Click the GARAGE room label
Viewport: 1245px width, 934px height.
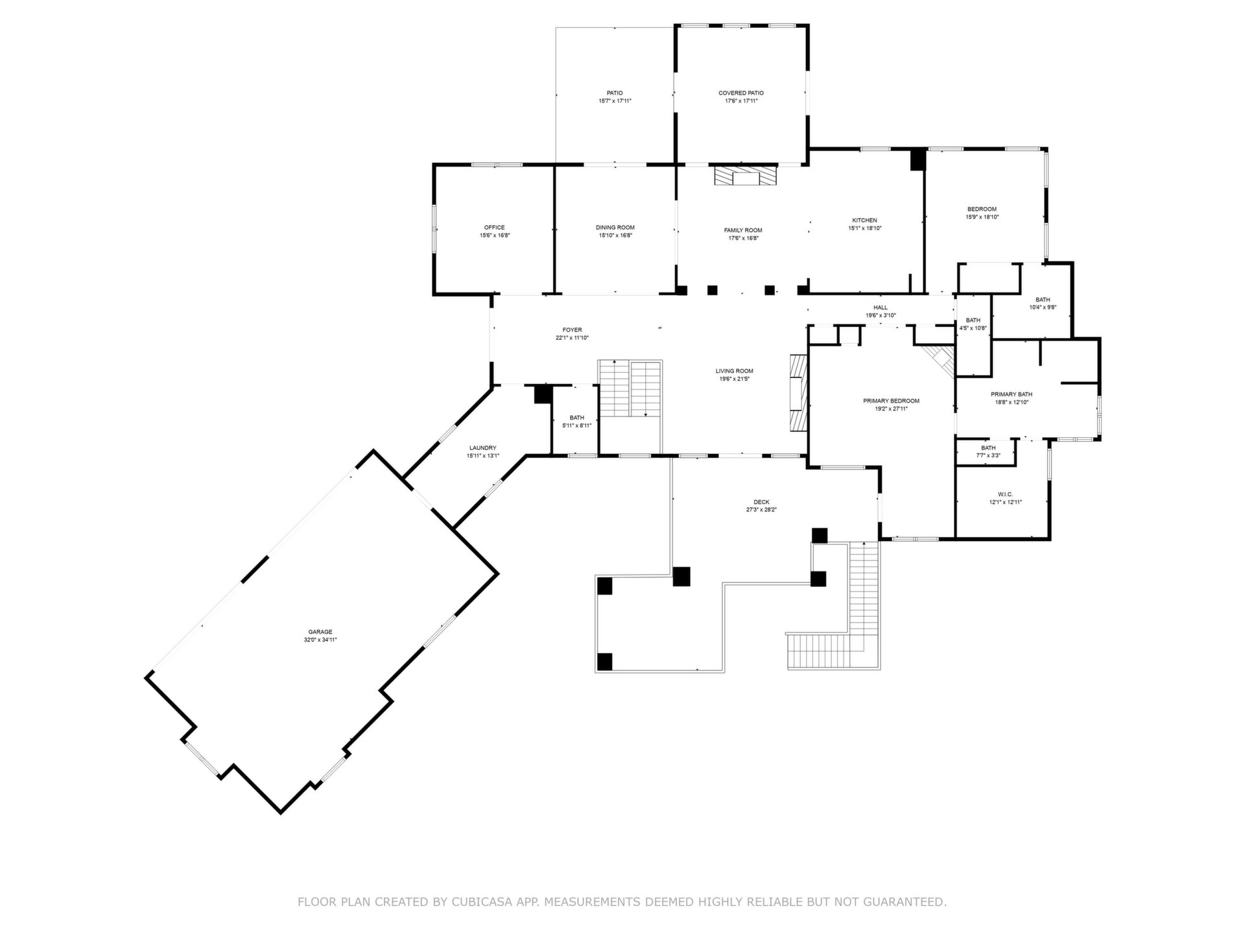320,632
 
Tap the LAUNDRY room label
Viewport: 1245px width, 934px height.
483,448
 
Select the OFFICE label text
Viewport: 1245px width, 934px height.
495,228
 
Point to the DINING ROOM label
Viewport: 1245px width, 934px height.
615,228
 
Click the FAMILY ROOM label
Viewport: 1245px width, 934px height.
743,230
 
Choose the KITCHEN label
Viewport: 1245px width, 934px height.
865,221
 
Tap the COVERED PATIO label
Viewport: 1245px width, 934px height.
741,93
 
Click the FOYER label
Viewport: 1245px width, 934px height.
573,330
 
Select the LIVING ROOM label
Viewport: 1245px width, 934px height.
735,371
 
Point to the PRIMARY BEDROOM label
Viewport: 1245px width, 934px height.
892,401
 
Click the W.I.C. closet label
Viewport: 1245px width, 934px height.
1006,494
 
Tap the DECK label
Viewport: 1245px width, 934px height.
762,502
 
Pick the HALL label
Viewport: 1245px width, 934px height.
881,307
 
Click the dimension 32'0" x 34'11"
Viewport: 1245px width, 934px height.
320,640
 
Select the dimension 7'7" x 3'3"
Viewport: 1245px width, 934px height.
989,455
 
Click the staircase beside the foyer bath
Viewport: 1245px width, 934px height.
630,389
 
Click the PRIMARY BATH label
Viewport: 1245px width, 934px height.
1012,394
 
